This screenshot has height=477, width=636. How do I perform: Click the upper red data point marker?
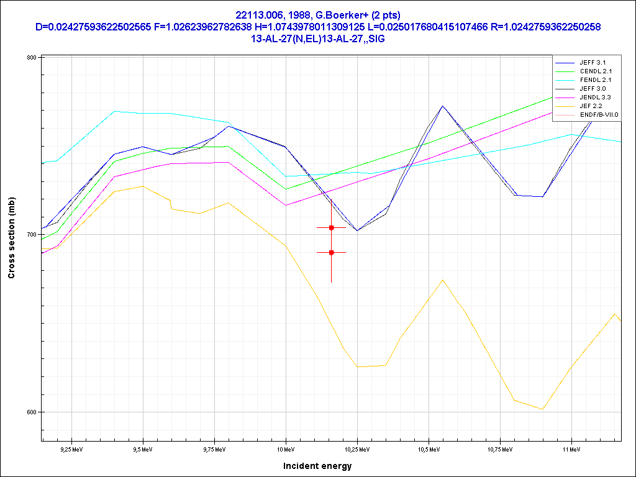(332, 228)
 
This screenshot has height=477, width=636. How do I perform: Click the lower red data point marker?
(332, 252)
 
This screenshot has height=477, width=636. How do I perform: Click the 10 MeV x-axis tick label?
(286, 448)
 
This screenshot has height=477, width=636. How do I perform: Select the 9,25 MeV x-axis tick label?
(72, 448)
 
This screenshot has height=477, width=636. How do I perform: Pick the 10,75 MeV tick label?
(500, 448)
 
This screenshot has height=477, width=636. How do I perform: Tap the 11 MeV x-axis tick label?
(571, 448)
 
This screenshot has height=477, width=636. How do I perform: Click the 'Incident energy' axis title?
(317, 466)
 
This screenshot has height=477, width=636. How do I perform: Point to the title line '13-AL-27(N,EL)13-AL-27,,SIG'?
(317, 39)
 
